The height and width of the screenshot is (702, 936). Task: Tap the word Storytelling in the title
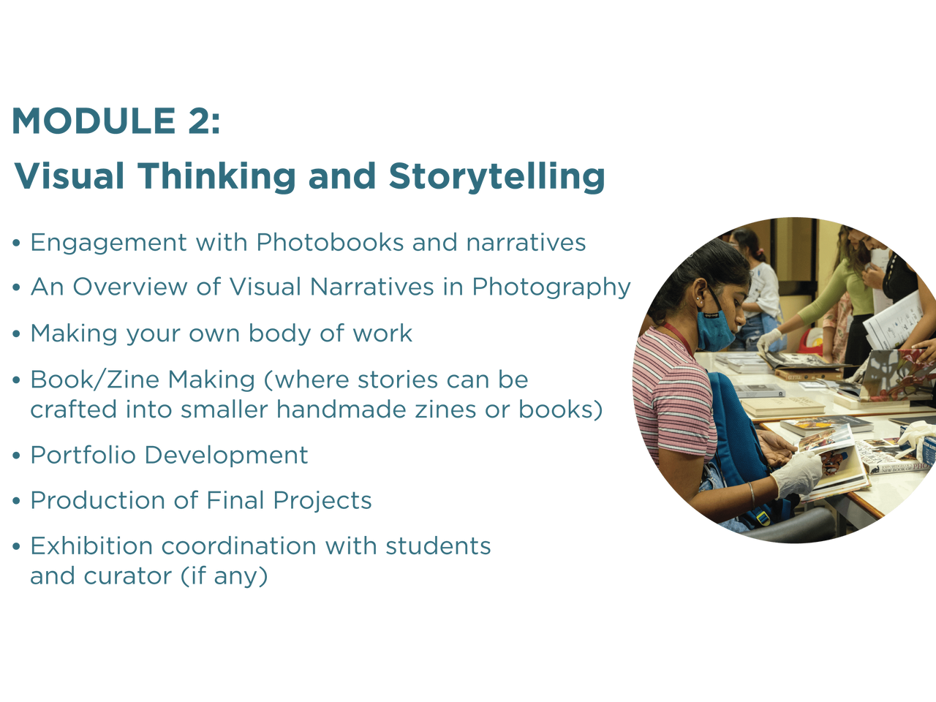click(x=497, y=177)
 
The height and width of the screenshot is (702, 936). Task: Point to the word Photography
click(x=551, y=287)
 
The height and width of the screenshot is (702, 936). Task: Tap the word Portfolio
click(x=83, y=455)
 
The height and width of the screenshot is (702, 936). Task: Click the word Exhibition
click(x=91, y=546)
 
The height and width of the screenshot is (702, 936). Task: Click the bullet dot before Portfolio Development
click(x=17, y=456)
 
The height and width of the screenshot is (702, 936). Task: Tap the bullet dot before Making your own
click(x=17, y=333)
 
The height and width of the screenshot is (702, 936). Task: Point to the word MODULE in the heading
click(x=94, y=121)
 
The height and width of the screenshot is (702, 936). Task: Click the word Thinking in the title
click(x=216, y=177)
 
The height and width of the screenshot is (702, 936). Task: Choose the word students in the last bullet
click(x=438, y=546)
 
